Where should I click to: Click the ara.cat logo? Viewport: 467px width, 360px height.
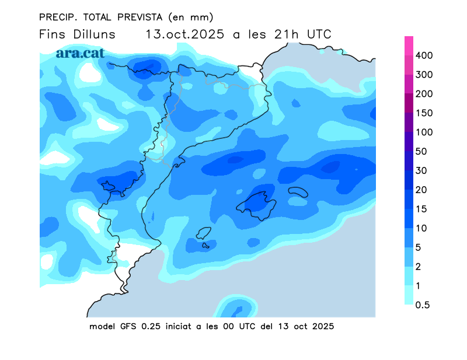80,53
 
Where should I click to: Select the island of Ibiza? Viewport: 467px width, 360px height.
204,233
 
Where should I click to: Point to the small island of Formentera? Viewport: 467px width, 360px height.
205,245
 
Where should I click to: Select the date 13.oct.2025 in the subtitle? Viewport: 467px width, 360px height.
185,34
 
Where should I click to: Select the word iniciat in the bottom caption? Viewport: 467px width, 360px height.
176,326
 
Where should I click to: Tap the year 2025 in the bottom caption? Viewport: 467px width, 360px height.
322,326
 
